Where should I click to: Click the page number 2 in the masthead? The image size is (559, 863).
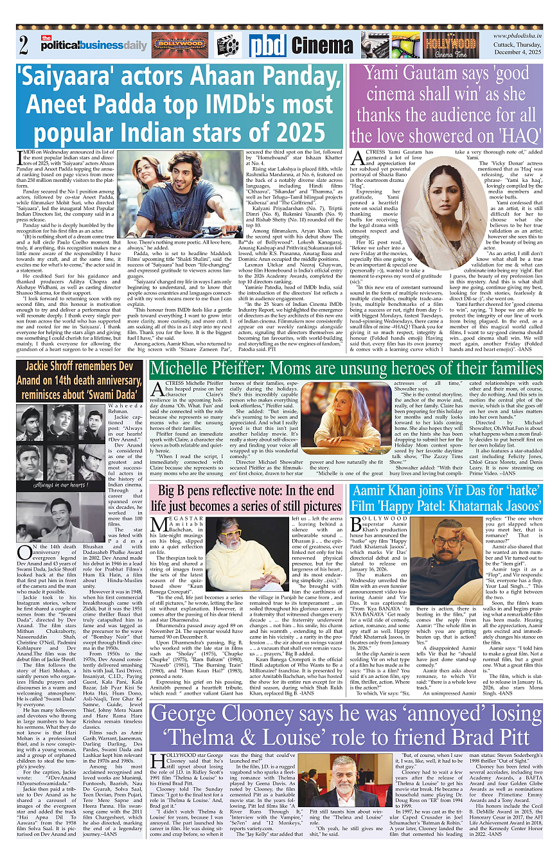pos(24,46)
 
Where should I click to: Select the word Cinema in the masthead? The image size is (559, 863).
pos(322,46)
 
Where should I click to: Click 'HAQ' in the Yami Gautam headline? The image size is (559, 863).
pos(511,135)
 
